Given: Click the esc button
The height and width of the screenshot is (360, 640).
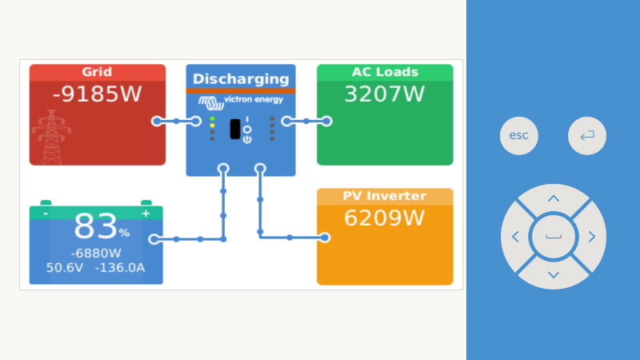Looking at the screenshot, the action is [518, 135].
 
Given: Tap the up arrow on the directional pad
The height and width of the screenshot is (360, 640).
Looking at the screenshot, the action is [554, 198].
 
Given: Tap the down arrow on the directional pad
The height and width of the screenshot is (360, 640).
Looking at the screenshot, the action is [554, 274].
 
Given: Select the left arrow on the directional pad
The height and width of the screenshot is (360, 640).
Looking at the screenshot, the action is [515, 237].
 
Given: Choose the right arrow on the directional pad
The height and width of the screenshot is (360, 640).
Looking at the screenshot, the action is [591, 237].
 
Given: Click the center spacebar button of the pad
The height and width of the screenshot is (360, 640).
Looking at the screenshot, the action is [554, 237].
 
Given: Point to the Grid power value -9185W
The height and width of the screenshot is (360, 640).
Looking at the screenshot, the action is [97, 94].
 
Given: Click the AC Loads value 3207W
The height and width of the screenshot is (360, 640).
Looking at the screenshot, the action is [385, 94].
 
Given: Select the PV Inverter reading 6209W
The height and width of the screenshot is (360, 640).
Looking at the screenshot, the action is [385, 218].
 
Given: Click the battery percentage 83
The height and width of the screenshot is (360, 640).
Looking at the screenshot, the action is [95, 226].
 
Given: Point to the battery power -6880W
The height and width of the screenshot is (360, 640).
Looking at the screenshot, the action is [96, 254].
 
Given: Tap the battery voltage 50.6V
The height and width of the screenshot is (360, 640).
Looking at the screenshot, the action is [65, 268].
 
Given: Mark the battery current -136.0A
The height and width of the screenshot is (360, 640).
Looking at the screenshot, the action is [119, 268].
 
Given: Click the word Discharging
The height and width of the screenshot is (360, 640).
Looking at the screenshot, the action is [241, 78].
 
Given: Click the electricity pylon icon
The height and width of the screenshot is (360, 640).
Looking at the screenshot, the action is [51, 137].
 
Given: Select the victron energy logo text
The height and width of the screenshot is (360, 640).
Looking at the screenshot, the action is [254, 100].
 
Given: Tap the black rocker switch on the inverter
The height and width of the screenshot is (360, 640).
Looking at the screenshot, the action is [235, 129].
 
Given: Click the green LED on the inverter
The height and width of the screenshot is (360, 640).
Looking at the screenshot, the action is [212, 118].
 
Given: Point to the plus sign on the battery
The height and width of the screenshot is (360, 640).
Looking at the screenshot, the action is [146, 214].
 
